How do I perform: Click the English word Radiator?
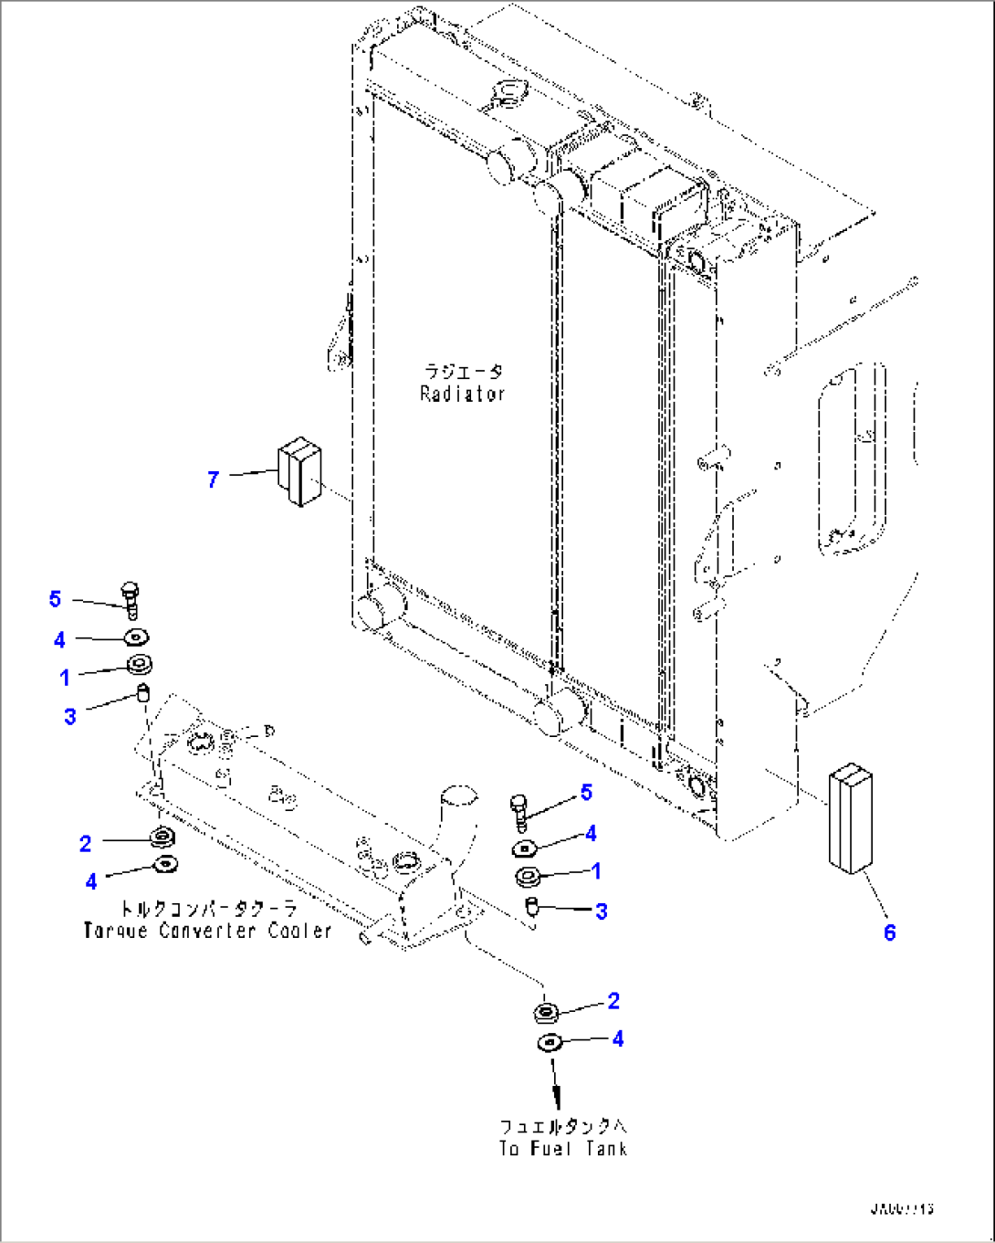(x=462, y=394)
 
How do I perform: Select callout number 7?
(x=213, y=479)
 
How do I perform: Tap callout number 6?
(x=889, y=932)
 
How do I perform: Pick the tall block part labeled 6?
(x=850, y=818)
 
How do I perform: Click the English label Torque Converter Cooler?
(x=207, y=931)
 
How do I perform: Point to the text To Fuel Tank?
(x=563, y=1148)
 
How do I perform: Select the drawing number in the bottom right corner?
(x=901, y=1209)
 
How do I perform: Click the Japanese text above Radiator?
(x=462, y=372)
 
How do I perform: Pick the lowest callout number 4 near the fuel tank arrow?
(x=618, y=1038)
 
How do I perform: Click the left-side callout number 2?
(x=85, y=843)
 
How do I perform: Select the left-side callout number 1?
(x=65, y=677)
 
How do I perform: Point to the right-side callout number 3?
(x=601, y=911)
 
